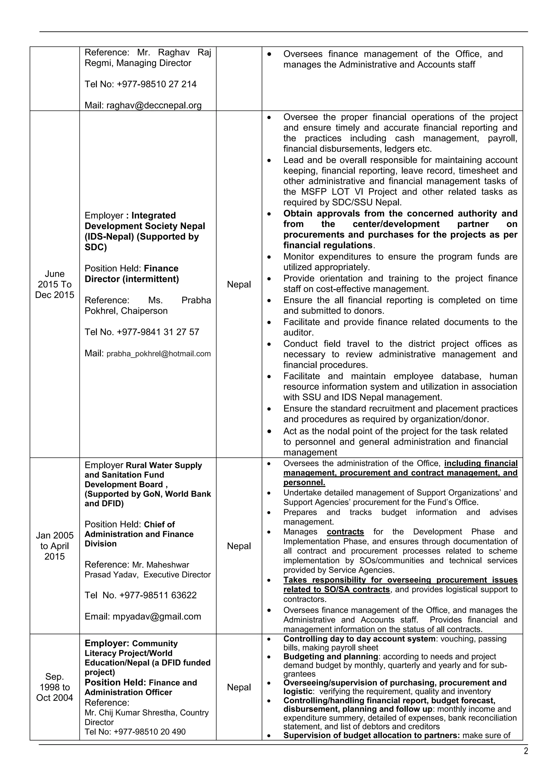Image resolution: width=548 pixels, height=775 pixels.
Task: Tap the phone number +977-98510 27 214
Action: pyautogui.click(x=157, y=84)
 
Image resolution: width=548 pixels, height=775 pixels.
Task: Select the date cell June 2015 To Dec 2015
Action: pyautogui.click(x=55, y=284)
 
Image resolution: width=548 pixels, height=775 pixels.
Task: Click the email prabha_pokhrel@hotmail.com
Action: pyautogui.click(x=159, y=354)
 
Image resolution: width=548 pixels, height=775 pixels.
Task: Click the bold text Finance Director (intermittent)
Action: pyautogui.click(x=132, y=274)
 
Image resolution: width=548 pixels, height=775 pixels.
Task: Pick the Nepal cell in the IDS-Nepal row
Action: pyautogui.click(x=239, y=284)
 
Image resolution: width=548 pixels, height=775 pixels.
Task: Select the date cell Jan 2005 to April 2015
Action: pyautogui.click(x=55, y=546)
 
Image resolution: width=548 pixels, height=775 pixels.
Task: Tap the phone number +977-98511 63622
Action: pyautogui.click(x=158, y=595)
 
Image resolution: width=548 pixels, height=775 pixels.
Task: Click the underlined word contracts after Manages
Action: pyautogui.click(x=345, y=532)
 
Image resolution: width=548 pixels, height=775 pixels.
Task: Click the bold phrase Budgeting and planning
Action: pyautogui.click(x=330, y=656)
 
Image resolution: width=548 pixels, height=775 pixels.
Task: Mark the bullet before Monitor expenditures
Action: pyautogui.click(x=269, y=257)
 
